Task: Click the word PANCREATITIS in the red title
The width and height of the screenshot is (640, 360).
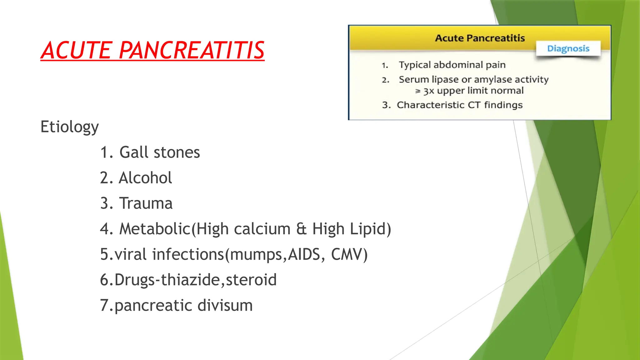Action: pos(192,50)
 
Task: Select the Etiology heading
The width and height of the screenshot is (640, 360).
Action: pos(69,127)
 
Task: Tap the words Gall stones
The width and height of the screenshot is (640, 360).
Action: pos(159,152)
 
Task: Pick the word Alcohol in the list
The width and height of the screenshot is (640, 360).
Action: pos(145,178)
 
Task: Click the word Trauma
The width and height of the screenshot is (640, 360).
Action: pos(146,203)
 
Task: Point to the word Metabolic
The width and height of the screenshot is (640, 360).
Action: pos(155,229)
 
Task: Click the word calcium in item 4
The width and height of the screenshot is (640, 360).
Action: pos(262,229)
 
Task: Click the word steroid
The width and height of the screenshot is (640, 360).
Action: pos(251,280)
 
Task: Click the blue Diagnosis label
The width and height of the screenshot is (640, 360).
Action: pos(568,48)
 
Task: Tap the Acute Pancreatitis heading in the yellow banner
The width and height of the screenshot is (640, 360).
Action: pos(480,38)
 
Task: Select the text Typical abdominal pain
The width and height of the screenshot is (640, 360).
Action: pos(452,65)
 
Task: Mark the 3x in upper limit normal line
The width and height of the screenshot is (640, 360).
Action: pos(429,91)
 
